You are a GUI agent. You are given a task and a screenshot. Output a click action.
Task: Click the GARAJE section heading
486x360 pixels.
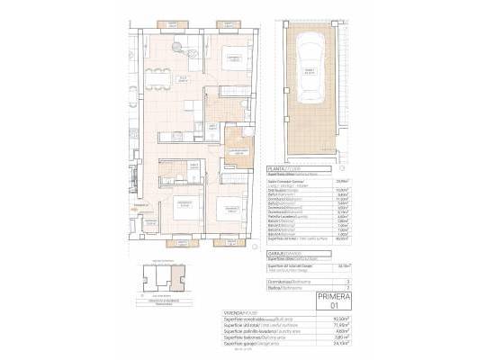[275, 255]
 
